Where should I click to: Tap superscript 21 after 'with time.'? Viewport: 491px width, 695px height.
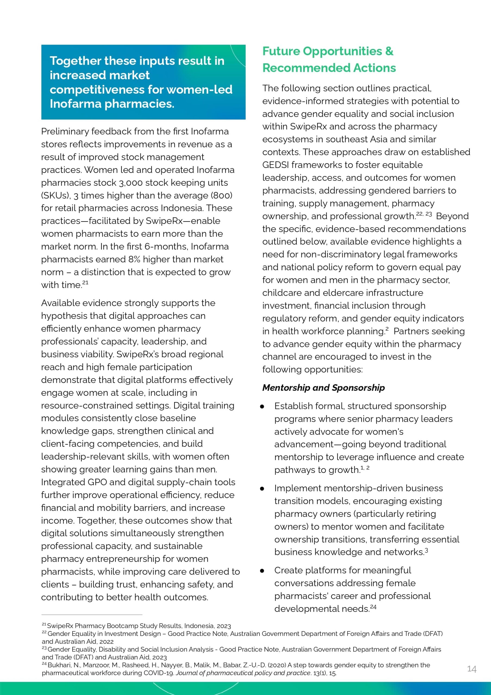click(85, 282)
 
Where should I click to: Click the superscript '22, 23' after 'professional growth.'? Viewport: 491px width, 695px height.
click(424, 214)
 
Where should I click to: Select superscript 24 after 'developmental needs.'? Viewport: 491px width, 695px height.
click(373, 606)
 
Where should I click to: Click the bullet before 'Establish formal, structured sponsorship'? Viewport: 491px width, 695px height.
click(262, 406)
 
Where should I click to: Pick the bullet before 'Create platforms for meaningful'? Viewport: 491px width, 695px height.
click(262, 571)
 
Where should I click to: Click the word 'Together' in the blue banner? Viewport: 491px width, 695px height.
click(76, 61)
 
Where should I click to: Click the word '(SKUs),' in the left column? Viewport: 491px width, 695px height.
click(56, 195)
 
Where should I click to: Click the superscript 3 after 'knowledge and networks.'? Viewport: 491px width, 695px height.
click(427, 550)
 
